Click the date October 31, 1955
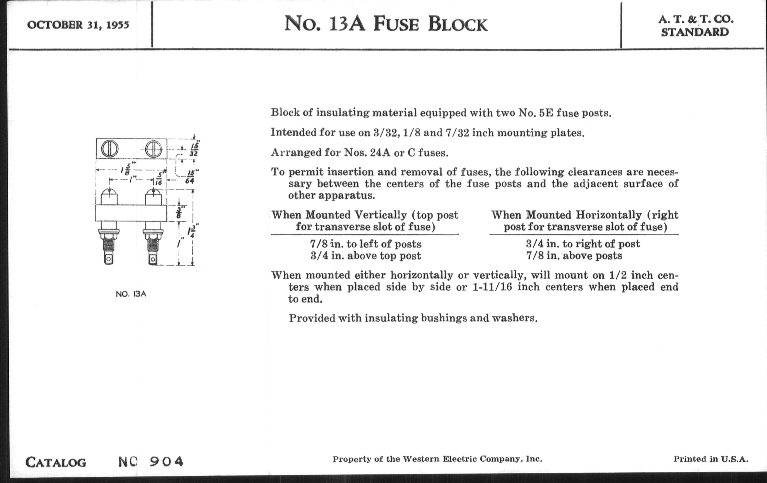click(78, 25)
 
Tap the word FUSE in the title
click(395, 24)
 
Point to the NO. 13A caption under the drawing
click(131, 294)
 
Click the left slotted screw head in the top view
click(109, 149)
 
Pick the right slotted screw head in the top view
click(154, 149)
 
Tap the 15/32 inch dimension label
click(195, 149)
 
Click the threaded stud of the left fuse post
click(108, 246)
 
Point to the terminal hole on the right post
click(153, 259)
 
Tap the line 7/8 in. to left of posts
click(365, 244)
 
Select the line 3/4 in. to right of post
click(583, 244)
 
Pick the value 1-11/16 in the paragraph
click(492, 287)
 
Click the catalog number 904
click(166, 461)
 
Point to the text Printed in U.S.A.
click(711, 459)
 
